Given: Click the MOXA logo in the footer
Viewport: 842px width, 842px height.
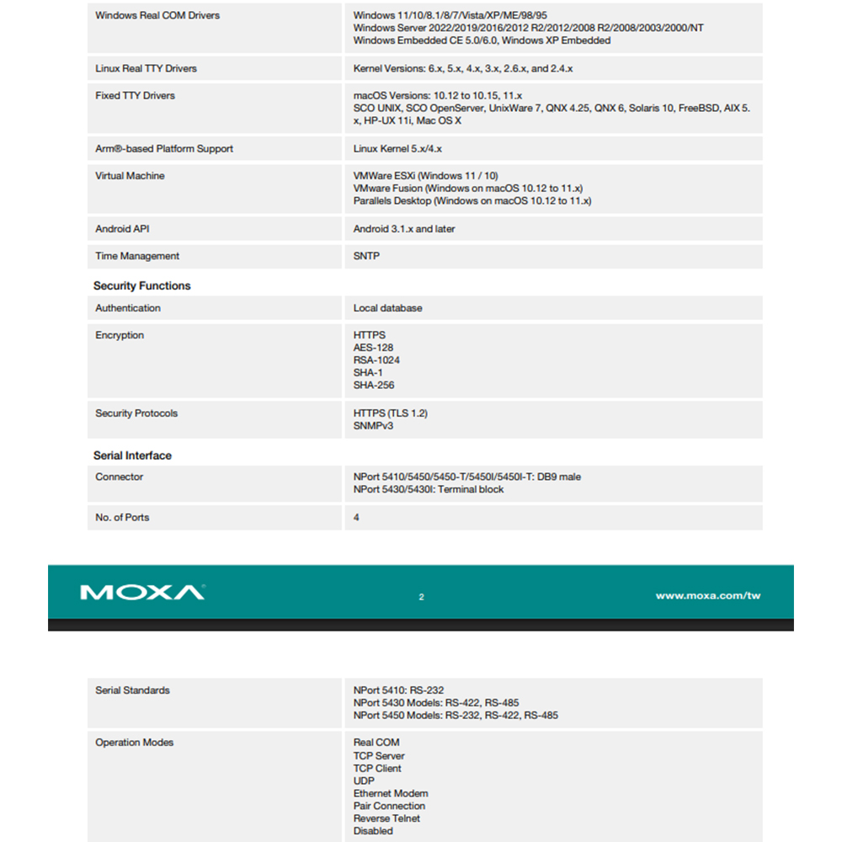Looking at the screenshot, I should point(141,593).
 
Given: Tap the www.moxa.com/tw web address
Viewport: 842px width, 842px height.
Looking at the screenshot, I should point(707,596).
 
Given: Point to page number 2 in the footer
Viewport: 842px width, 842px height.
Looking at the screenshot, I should point(421,597).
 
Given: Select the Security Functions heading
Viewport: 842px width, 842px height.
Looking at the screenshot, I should point(141,286).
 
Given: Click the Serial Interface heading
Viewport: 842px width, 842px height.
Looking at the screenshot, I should point(132,456).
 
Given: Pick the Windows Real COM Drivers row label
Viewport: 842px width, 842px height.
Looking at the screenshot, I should point(157,15).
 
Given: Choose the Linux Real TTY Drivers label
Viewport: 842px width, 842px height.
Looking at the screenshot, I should point(146,68).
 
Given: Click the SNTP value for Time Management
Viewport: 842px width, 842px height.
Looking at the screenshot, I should point(366,256).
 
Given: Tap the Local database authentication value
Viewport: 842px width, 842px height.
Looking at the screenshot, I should point(387,308).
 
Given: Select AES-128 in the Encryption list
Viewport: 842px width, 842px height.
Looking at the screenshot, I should point(373,348).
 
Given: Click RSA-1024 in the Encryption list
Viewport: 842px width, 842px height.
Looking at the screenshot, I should point(376,360).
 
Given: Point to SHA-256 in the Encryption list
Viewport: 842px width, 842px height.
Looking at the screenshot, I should point(374,386).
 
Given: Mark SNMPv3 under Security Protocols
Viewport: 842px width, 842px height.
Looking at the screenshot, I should point(373,426).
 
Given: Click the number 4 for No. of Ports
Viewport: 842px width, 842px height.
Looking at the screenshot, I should point(356,517).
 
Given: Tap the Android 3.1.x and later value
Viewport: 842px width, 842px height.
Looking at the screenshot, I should point(404,229).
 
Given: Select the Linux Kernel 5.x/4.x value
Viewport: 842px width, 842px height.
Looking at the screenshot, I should point(397,149).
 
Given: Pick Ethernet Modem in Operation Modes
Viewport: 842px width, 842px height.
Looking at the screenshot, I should point(391,793).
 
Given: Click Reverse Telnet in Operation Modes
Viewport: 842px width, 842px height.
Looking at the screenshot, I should point(386,818).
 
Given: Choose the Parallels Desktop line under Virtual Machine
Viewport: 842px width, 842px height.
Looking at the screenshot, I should point(472,201).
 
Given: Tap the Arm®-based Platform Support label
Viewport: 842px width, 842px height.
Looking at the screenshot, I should point(164,149).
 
